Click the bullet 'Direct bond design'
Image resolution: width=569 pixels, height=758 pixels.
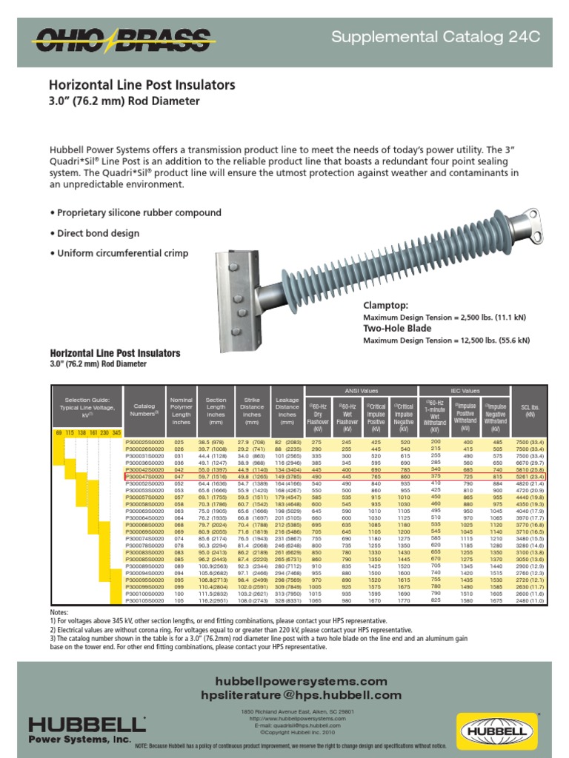coord(94,233)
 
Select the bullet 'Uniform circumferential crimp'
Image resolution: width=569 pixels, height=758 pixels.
coord(119,253)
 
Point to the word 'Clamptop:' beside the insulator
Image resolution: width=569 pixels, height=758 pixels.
coord(385,306)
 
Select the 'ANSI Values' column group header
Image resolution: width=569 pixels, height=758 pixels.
coord(361,391)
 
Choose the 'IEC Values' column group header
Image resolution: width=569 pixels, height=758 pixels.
coord(465,391)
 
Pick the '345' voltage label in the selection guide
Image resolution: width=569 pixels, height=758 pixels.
coord(116,432)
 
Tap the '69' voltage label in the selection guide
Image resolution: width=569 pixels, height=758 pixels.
coord(59,432)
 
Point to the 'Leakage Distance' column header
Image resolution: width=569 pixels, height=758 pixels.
coord(287,412)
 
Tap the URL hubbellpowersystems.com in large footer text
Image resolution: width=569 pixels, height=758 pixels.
coord(290,680)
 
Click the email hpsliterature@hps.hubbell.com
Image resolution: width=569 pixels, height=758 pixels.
coord(290,695)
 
